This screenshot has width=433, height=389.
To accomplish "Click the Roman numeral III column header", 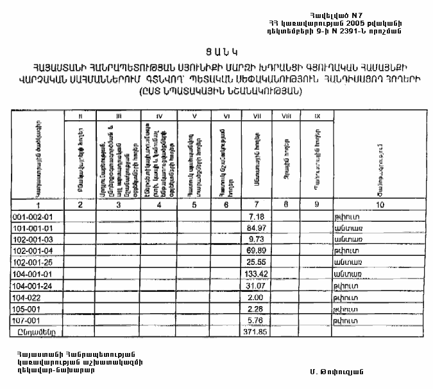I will (119, 116).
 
